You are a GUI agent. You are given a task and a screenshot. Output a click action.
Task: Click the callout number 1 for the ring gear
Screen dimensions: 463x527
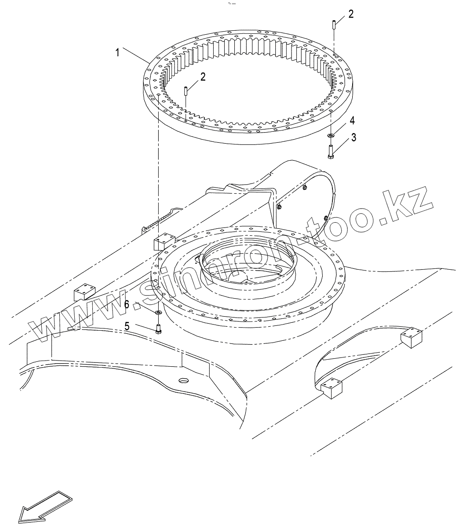click(117, 53)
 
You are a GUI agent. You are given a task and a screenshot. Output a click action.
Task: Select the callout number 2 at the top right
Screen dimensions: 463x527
click(350, 14)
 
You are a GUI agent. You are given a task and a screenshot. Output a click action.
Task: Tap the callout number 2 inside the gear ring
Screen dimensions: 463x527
click(203, 77)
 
